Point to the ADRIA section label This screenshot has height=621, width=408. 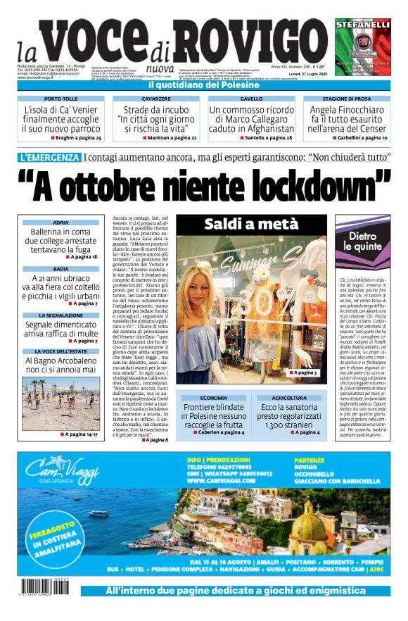point(60,222)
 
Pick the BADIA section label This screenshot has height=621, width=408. point(60,269)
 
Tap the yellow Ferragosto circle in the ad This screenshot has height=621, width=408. point(56,543)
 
